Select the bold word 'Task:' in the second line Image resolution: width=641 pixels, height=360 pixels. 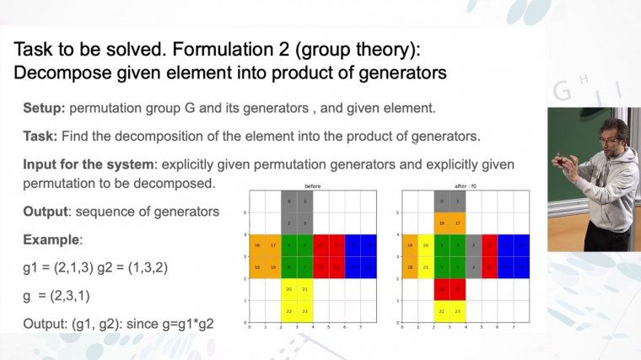[40, 136]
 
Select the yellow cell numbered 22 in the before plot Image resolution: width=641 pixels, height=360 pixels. [288, 311]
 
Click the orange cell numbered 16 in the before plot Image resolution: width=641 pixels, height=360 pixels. [256, 245]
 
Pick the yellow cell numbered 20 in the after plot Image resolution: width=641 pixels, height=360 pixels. [426, 245]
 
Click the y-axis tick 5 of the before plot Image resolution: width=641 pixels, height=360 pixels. [245, 212]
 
